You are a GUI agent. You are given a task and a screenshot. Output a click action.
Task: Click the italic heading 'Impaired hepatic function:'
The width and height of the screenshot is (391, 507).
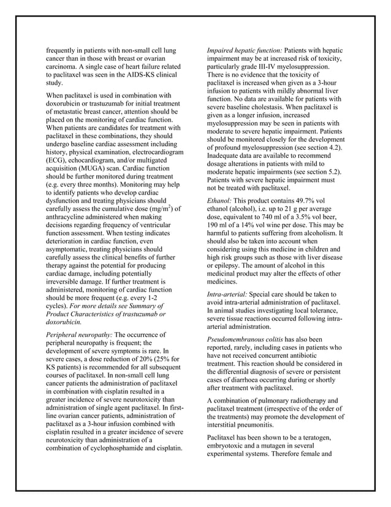[241, 50]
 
